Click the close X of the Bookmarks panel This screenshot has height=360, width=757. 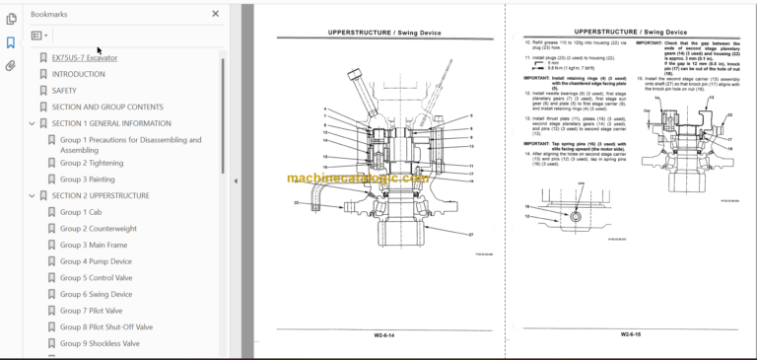[x=216, y=14]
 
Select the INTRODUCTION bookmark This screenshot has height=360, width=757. [x=79, y=74]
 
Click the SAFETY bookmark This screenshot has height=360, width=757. [x=65, y=91]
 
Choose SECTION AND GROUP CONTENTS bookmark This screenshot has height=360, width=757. [x=107, y=107]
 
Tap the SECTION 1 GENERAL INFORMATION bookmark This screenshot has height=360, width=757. [x=111, y=123]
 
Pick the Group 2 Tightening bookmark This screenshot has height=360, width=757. [x=92, y=163]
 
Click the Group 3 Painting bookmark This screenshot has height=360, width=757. [x=88, y=180]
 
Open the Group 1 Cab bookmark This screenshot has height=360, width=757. [x=81, y=212]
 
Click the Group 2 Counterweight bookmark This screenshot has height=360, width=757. [x=98, y=229]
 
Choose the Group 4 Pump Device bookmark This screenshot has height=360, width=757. [x=96, y=261]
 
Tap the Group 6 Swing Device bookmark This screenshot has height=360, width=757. [x=96, y=294]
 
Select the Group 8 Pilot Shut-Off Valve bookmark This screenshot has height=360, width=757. [x=106, y=326]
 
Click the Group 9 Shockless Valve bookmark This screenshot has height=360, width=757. [x=100, y=343]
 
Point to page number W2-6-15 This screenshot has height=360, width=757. [x=634, y=335]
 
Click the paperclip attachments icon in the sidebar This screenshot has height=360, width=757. [x=11, y=66]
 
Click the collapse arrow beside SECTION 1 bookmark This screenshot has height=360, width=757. [x=32, y=123]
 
